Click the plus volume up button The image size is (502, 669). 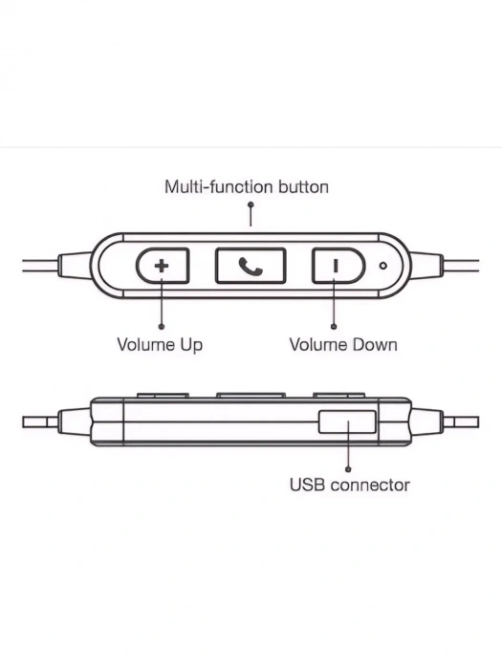click(163, 266)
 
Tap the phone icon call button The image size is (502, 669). click(251, 266)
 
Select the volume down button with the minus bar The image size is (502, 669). click(338, 266)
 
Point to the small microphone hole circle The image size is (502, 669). click(383, 266)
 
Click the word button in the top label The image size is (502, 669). click(303, 187)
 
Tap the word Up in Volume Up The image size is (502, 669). click(191, 345)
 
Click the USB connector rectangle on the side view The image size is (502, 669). click(347, 422)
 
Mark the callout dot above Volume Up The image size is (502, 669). click(162, 327)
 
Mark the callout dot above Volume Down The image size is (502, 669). click(334, 327)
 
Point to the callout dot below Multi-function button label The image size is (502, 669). click(251, 205)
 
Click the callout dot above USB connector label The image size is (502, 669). click(348, 469)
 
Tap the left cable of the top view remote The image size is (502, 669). click(40, 266)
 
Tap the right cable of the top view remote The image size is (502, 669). click(461, 266)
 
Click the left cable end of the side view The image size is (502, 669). click(40, 422)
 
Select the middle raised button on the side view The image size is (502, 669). click(251, 396)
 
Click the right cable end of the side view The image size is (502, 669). click(461, 422)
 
